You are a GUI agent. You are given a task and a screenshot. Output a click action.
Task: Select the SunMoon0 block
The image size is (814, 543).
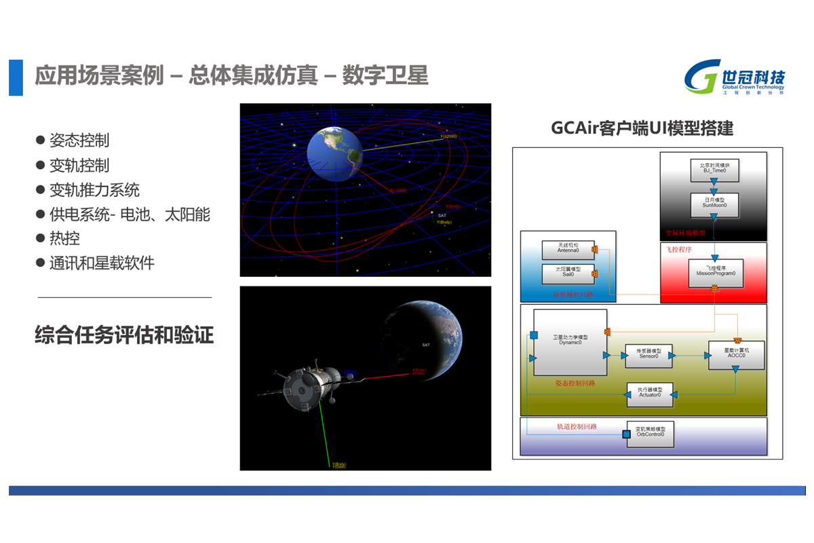click(714, 202)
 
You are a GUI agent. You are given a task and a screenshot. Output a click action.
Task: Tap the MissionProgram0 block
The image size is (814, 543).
click(715, 271)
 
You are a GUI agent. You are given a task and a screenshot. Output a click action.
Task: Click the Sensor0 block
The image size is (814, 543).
click(648, 354)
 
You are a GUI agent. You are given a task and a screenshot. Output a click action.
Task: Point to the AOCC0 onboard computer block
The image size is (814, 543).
click(736, 354)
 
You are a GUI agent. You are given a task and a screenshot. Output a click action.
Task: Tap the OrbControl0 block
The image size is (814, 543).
click(650, 434)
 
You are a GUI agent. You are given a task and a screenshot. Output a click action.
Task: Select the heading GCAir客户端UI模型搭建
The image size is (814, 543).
click(642, 128)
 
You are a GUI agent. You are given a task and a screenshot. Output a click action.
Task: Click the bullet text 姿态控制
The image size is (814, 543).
click(79, 141)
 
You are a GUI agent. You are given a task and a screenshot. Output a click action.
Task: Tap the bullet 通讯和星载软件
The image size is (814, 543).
click(102, 263)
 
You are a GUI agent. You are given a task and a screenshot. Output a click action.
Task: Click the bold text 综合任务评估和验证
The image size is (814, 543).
click(124, 335)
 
